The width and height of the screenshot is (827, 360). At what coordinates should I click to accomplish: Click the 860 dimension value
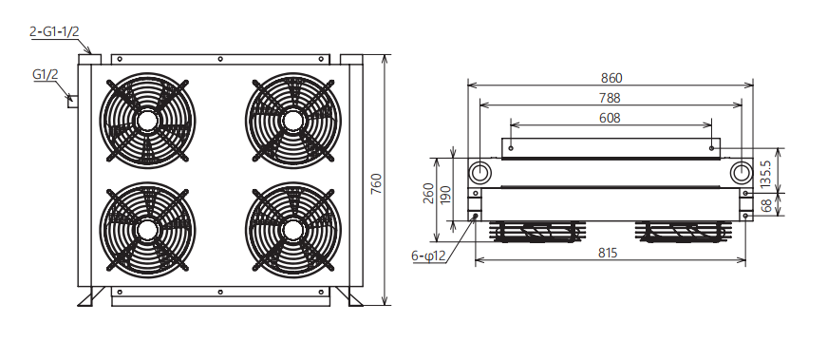[x=611, y=78]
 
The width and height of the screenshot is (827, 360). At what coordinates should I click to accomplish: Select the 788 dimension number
[x=610, y=98]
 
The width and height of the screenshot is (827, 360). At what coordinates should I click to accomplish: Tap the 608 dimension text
[x=610, y=118]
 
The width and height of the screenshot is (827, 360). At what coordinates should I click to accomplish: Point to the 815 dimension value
[x=608, y=253]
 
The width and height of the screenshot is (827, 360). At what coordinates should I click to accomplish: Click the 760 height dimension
[x=376, y=183]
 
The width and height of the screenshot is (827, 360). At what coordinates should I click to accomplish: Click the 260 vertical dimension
[x=428, y=193]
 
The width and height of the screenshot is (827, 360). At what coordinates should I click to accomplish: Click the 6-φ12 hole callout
[x=429, y=256]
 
